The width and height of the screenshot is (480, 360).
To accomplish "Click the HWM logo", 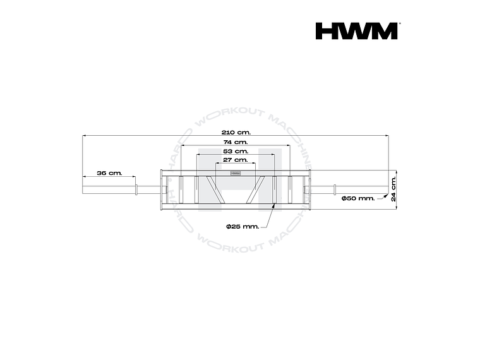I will point(357,31).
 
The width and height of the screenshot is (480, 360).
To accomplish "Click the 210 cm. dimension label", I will point(235,132).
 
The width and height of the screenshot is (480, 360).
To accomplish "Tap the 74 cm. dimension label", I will point(235,142).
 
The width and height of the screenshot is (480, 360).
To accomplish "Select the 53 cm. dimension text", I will point(235,152).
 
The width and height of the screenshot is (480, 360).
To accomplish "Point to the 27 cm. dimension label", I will point(235,160).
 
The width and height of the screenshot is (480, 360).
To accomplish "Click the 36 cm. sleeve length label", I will point(109,172).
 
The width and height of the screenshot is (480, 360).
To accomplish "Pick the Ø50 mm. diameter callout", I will point(357,198).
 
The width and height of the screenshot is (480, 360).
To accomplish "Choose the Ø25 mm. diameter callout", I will point(242,225).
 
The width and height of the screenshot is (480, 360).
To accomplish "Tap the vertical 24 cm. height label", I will point(393,188).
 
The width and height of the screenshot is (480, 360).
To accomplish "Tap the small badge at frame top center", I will point(235,172).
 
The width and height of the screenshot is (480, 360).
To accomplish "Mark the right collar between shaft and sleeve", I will point(333,188).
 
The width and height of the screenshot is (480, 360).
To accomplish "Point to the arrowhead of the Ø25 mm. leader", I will point(274,205).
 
